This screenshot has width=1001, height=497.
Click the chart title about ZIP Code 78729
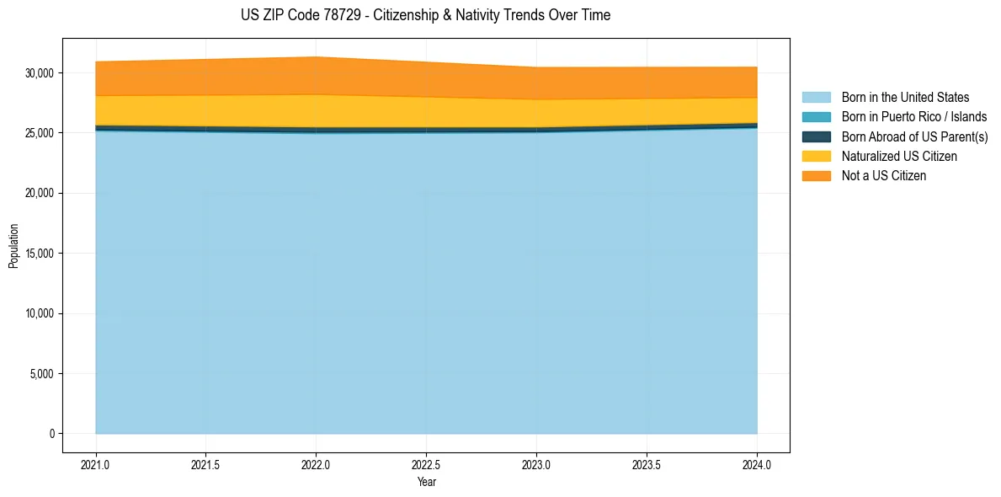pyautogui.click(x=425, y=15)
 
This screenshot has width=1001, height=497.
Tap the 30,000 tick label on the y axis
pyautogui.click(x=40, y=73)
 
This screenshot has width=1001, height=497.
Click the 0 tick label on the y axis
pyautogui.click(x=51, y=434)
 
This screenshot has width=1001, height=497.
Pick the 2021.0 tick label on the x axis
pyautogui.click(x=96, y=463)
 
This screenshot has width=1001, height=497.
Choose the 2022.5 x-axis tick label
pyautogui.click(x=426, y=463)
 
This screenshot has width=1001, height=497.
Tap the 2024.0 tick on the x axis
pyautogui.click(x=757, y=463)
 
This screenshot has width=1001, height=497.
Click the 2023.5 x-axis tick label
pyautogui.click(x=647, y=463)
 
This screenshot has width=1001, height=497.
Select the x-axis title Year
pyautogui.click(x=426, y=482)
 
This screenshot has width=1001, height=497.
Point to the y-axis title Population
pyautogui.click(x=13, y=246)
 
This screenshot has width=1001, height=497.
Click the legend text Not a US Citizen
pyautogui.click(x=884, y=176)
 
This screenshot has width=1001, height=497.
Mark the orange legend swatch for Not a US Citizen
pyautogui.click(x=816, y=176)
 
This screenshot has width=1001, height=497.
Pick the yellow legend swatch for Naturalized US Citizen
pyautogui.click(x=816, y=157)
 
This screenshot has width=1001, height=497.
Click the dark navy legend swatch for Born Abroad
pyautogui.click(x=816, y=136)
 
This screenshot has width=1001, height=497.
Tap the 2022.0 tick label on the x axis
pyautogui.click(x=316, y=463)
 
